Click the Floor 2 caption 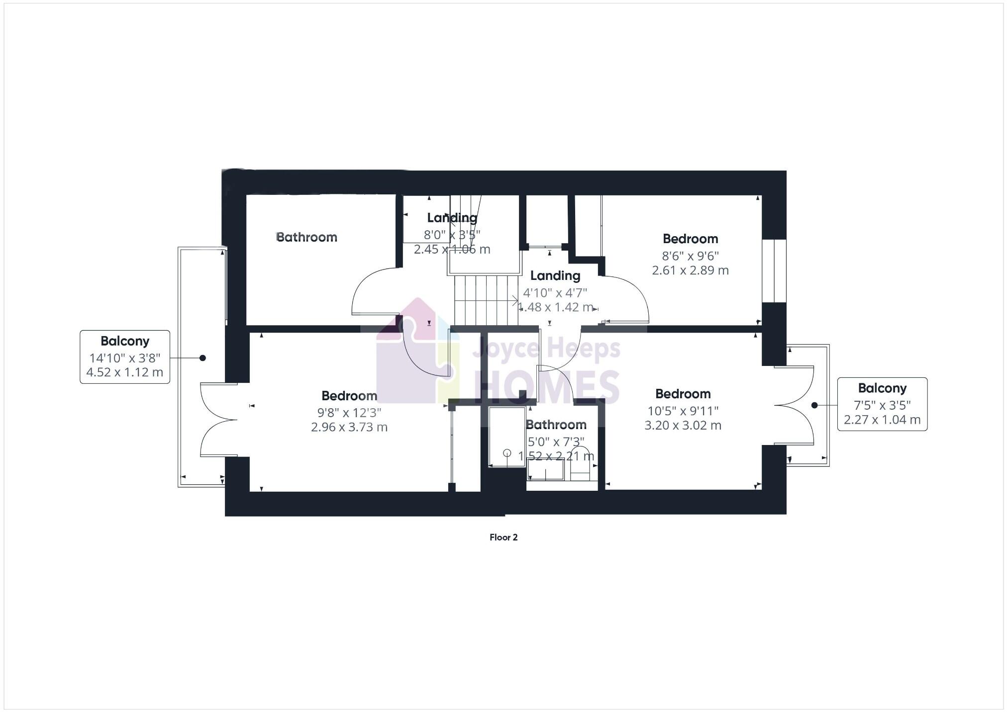click(x=503, y=537)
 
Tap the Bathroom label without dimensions click(x=306, y=237)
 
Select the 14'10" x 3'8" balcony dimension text click(x=125, y=357)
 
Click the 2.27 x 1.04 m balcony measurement click(x=882, y=420)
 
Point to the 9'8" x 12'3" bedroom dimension click(x=349, y=412)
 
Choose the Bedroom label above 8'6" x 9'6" click(x=690, y=239)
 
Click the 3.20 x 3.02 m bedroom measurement click(x=683, y=425)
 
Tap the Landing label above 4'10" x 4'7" click(x=555, y=275)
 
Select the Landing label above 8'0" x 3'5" click(x=452, y=217)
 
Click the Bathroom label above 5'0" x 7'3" click(x=556, y=425)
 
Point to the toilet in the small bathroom click(x=580, y=462)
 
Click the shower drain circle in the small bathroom click(x=507, y=453)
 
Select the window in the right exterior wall click(x=774, y=271)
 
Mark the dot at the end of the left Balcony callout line click(x=202, y=358)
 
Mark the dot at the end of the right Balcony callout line click(x=814, y=405)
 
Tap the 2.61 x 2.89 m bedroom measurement click(x=690, y=270)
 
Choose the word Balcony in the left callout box click(x=125, y=341)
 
